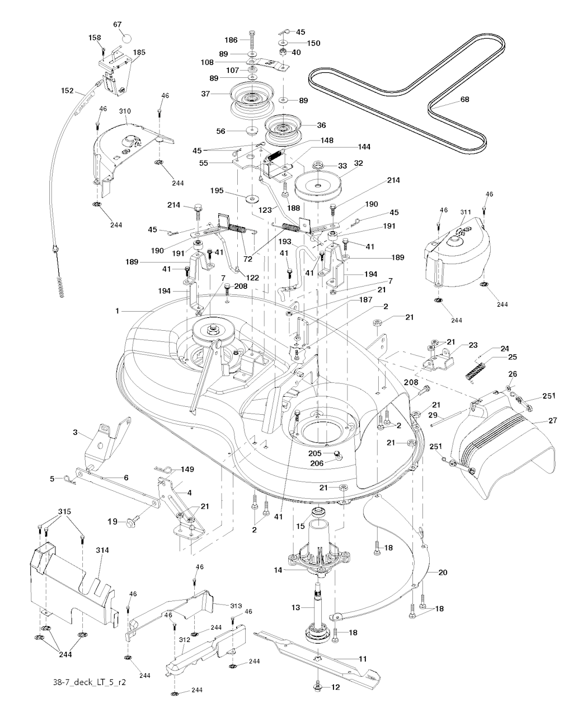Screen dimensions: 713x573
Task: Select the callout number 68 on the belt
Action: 464,100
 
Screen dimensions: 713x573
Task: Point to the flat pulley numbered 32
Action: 317,184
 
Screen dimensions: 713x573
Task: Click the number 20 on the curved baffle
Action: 443,573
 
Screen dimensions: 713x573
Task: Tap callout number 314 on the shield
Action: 102,551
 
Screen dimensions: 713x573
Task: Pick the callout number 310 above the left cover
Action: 125,111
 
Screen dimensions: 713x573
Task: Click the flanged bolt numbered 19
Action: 130,522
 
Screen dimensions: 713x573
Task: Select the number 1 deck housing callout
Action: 118,311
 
